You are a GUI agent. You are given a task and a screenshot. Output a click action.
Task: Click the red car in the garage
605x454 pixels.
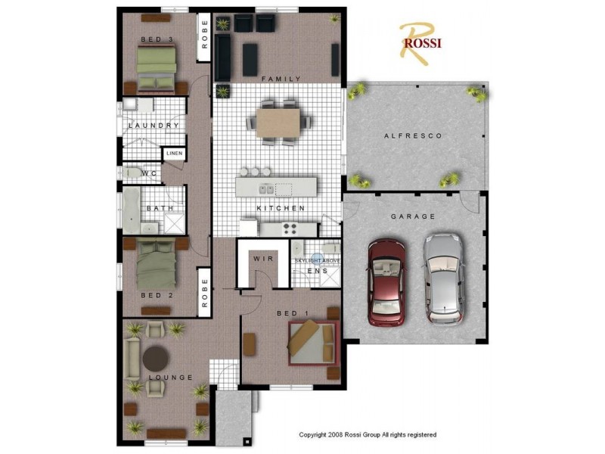click(x=386, y=282)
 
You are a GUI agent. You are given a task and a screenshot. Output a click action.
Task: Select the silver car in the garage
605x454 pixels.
click(x=444, y=278)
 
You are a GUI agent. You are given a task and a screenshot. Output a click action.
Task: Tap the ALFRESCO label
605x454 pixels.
click(x=413, y=136)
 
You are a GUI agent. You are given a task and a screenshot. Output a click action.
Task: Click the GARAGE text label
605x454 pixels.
click(x=413, y=216)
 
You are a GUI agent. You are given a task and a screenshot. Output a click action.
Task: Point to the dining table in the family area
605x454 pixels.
click(x=278, y=123)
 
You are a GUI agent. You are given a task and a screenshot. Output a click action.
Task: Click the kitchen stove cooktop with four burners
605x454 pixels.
click(x=290, y=229)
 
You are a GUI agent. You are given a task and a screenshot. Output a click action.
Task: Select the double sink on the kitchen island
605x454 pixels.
click(x=266, y=189)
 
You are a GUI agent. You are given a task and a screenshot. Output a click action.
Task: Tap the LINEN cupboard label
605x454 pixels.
click(x=175, y=154)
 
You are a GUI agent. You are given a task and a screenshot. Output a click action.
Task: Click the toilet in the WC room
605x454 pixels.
click(x=132, y=173)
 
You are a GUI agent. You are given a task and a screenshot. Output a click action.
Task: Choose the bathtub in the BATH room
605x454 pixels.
click(x=132, y=210)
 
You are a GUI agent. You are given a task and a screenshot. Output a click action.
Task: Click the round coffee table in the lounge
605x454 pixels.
click(x=156, y=359)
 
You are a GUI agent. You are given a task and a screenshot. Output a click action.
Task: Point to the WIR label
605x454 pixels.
click(x=263, y=259)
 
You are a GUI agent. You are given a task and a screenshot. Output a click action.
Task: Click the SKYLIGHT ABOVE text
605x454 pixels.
click(x=317, y=260)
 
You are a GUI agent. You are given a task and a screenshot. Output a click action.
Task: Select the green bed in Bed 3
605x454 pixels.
click(x=157, y=68)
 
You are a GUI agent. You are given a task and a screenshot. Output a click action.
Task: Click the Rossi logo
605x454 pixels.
click(x=420, y=43)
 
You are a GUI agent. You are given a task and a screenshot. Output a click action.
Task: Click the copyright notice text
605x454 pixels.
click(x=368, y=434)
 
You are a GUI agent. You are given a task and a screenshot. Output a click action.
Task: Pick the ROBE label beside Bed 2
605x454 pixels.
click(x=204, y=293)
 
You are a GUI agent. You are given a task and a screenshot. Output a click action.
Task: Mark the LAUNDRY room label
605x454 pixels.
click(x=154, y=126)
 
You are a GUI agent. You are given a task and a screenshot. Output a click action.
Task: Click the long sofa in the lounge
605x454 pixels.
click(x=132, y=359)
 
